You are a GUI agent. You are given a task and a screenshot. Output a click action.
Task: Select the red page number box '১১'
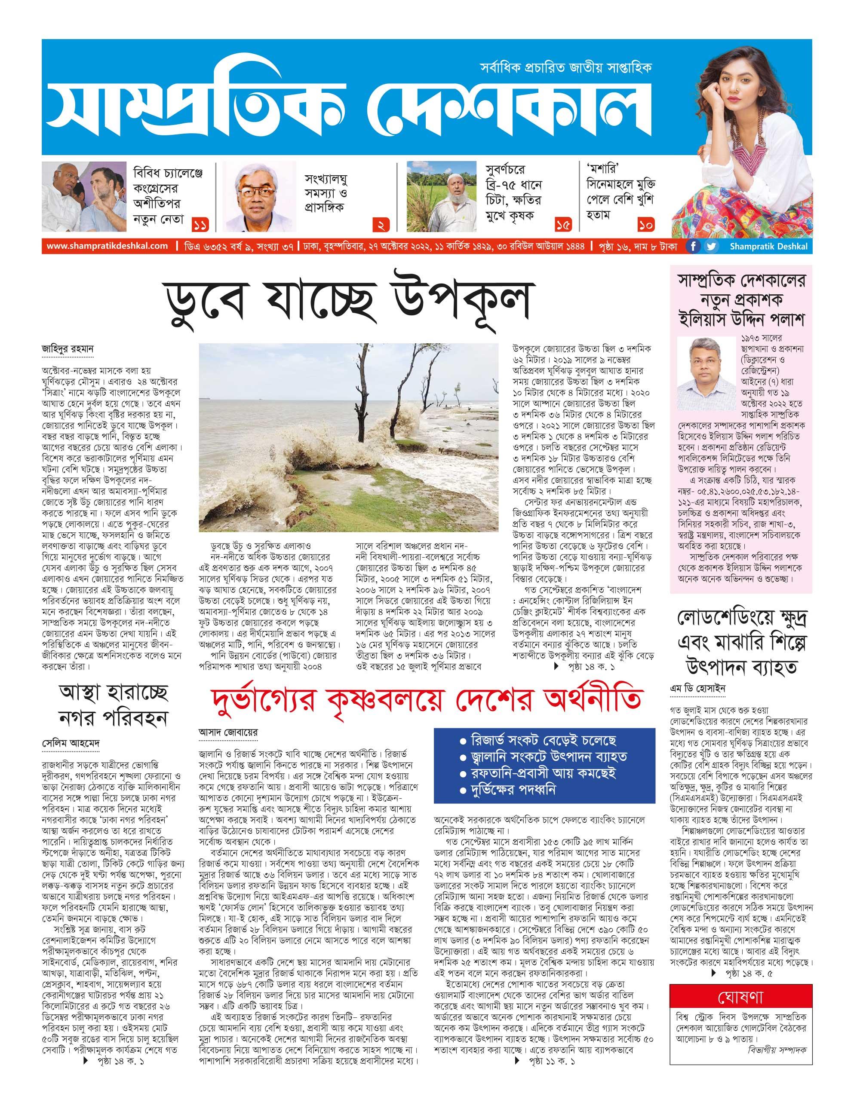[x=201, y=223]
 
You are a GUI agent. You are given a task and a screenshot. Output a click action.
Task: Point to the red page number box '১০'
[x=646, y=223]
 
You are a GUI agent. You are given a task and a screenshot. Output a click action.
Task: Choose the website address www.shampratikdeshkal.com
[x=107, y=246]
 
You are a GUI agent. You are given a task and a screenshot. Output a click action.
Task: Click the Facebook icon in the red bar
[x=693, y=247]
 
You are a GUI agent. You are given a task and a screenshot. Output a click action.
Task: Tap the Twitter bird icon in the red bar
[x=711, y=247]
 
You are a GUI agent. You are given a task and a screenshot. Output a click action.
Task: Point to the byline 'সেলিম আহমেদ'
[x=70, y=742]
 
